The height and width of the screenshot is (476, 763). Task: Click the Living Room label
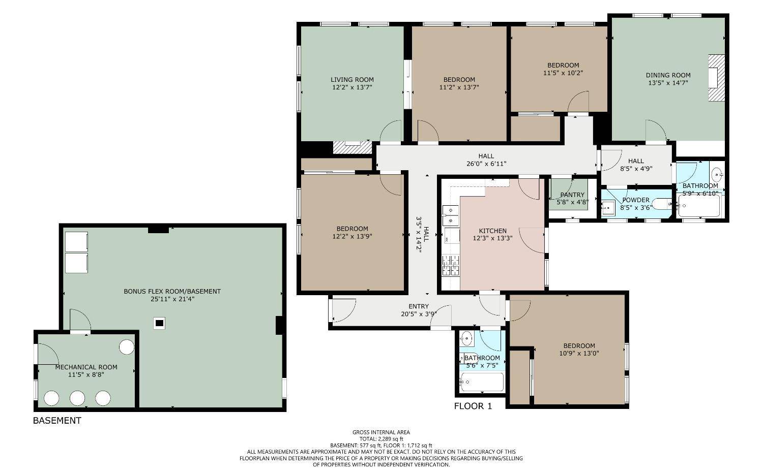(x=352, y=80)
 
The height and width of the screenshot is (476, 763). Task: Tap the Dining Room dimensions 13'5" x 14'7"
(x=668, y=82)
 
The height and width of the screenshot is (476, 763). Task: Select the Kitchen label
(x=492, y=231)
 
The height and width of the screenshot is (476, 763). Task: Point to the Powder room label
(x=635, y=200)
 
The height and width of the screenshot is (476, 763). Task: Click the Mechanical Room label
(x=86, y=367)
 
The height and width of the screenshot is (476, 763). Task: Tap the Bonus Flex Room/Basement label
(x=172, y=292)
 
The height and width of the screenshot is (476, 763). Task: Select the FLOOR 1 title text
(x=473, y=406)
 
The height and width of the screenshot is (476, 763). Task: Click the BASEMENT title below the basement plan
(x=57, y=421)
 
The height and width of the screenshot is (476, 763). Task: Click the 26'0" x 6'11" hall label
(x=486, y=164)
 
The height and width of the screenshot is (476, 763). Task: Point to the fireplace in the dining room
(x=716, y=78)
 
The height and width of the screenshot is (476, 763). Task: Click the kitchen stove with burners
(x=451, y=266)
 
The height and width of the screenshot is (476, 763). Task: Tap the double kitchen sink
(x=450, y=215)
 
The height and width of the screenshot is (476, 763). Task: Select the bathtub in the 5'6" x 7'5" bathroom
(x=482, y=382)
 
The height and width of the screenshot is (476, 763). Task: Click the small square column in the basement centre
(x=159, y=323)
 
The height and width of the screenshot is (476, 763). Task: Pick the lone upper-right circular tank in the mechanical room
(x=127, y=347)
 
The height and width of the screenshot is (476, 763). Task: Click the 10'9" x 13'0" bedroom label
(x=579, y=350)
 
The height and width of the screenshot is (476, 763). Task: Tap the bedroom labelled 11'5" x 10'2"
(x=563, y=69)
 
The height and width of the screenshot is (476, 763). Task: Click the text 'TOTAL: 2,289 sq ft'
(x=381, y=439)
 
